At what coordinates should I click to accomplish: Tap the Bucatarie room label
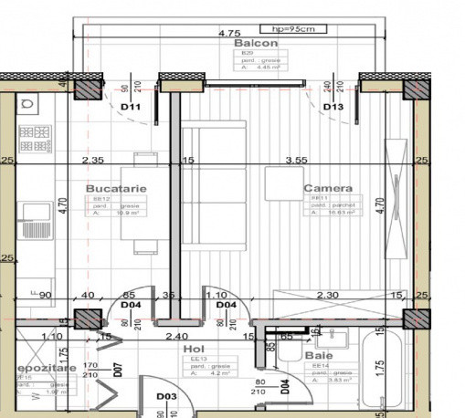pyautogui.click(x=111, y=189)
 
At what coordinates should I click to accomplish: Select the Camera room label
pyautogui.click(x=328, y=189)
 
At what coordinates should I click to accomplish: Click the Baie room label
pyautogui.click(x=320, y=356)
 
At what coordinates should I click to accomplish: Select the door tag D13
pyautogui.click(x=333, y=107)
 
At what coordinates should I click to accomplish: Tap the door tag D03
pyautogui.click(x=165, y=396)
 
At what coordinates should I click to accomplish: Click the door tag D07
pyautogui.click(x=118, y=371)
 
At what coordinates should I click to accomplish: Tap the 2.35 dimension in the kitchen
pyautogui.click(x=92, y=161)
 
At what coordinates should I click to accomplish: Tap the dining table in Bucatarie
pyautogui.click(x=146, y=202)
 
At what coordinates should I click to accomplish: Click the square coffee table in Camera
pyautogui.click(x=284, y=183)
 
